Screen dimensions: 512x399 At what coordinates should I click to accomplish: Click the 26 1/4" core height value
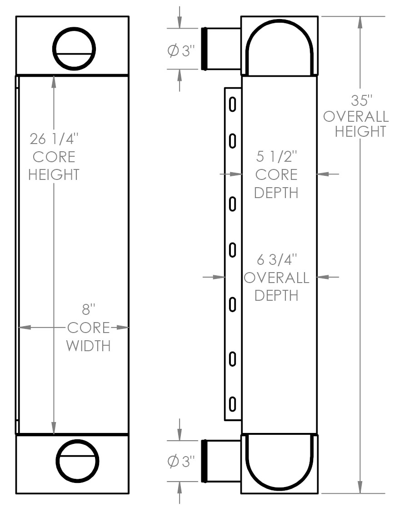(x=54, y=139)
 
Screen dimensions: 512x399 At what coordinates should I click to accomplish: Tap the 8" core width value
(x=88, y=310)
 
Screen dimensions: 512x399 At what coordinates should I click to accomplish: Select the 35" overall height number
(x=361, y=100)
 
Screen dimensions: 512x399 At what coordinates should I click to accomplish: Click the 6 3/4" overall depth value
(x=276, y=260)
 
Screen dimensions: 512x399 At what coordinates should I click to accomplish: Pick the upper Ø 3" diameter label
(x=180, y=51)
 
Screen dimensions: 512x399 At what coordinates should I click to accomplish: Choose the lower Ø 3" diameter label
(x=180, y=462)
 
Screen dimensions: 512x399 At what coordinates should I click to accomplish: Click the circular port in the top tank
(x=74, y=49)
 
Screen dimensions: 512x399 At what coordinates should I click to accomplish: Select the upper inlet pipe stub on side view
(x=221, y=49)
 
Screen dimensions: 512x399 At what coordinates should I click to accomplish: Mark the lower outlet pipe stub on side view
(x=221, y=461)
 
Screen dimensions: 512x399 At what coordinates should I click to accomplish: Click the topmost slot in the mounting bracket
(x=232, y=104)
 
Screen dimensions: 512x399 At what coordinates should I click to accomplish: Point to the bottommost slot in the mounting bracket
(x=232, y=403)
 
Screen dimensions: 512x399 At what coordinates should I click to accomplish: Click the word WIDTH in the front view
(x=88, y=346)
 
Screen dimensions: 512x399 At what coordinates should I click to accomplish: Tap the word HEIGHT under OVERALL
(x=361, y=131)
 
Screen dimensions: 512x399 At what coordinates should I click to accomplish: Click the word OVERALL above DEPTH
(x=276, y=278)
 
